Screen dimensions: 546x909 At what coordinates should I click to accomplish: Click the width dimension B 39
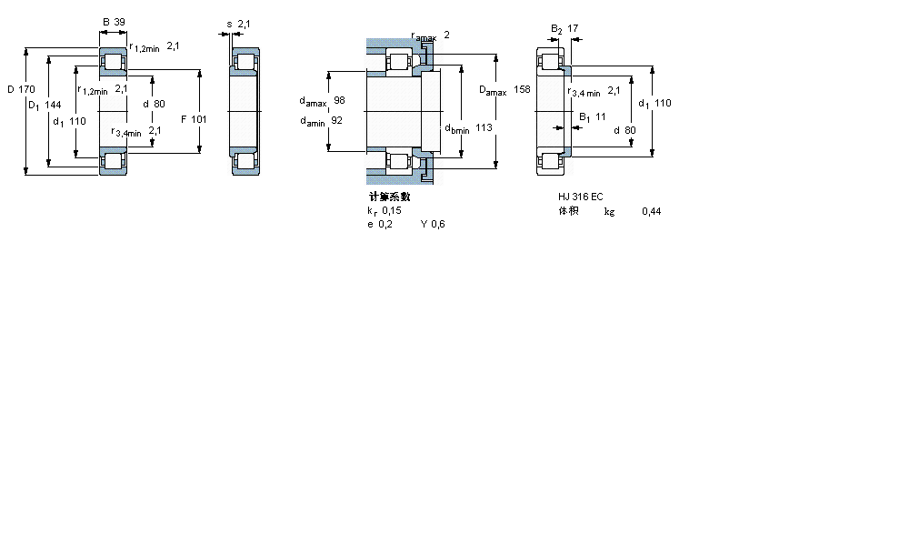click(114, 21)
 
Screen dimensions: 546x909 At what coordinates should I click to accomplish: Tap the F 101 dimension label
click(194, 119)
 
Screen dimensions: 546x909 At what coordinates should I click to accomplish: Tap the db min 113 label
click(468, 128)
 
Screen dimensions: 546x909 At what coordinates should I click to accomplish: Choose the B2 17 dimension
click(564, 28)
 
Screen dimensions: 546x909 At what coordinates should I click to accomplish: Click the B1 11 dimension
click(593, 116)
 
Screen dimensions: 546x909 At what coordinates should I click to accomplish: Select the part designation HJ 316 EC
click(581, 197)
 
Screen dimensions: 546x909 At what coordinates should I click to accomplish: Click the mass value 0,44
click(651, 211)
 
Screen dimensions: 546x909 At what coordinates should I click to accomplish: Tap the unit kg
click(609, 211)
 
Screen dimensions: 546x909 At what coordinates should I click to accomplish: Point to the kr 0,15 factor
click(384, 210)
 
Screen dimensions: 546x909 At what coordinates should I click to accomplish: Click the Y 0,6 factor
click(433, 225)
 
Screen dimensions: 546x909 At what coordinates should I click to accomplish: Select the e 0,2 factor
click(380, 225)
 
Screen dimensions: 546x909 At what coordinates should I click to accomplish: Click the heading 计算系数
click(389, 197)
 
